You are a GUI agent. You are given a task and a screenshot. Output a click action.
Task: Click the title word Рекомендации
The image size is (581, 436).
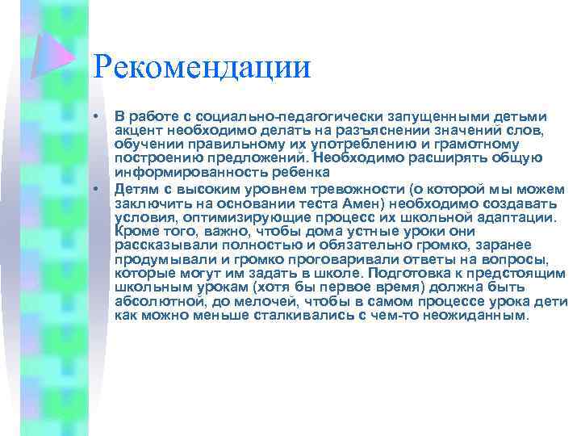[x=201, y=67]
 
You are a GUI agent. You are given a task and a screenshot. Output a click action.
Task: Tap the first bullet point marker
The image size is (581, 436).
[x=96, y=118]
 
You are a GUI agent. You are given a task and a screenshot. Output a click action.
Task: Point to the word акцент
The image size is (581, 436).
[x=140, y=131]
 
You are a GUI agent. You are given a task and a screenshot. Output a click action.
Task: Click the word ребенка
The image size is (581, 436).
[x=298, y=174]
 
